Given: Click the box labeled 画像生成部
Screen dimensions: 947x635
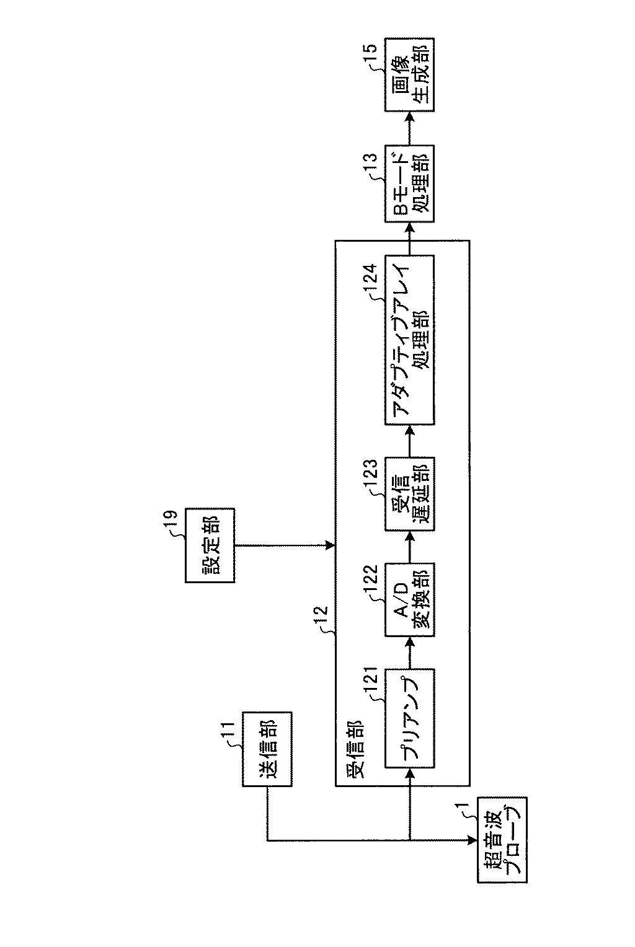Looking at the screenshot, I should tap(409, 74).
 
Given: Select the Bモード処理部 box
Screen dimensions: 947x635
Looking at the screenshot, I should tap(409, 183).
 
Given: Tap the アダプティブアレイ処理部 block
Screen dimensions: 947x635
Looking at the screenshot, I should tap(409, 339).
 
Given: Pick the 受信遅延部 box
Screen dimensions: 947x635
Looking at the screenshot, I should tap(409, 493).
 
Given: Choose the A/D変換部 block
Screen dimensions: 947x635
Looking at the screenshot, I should tap(409, 599).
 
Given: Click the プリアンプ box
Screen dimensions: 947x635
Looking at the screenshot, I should tap(409, 718).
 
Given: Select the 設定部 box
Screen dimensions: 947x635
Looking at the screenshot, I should tap(210, 545).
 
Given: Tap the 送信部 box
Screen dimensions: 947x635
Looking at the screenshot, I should tap(266, 749).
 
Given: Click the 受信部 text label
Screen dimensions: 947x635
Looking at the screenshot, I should tap(355, 749).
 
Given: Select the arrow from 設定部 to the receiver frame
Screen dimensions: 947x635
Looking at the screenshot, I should tap(285, 545).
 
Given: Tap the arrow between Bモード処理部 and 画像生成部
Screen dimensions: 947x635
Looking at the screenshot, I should tap(409, 128).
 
